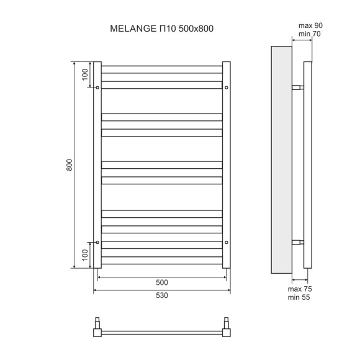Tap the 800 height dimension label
coord(70,165)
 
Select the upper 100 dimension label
coord(85,74)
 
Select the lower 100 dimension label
coord(85,255)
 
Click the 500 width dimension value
coord(162,282)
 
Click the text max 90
coord(310,25)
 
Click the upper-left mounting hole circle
coord(98,88)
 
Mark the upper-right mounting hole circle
coord(227,88)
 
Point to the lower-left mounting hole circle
coord(98,242)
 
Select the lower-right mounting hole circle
coord(227,242)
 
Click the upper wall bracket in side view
coord(298,88)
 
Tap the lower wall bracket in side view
coord(298,242)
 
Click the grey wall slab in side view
coord(281,160)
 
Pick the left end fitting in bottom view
coord(97,328)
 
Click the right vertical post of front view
coord(227,165)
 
